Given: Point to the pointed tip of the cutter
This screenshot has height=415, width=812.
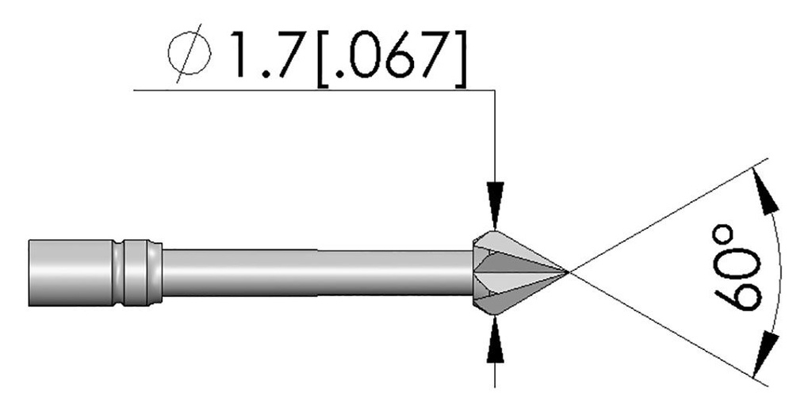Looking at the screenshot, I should (x=567, y=272).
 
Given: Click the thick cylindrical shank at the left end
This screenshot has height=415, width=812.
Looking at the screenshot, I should (x=70, y=272).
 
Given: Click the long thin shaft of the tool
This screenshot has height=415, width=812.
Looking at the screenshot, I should (x=317, y=272).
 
